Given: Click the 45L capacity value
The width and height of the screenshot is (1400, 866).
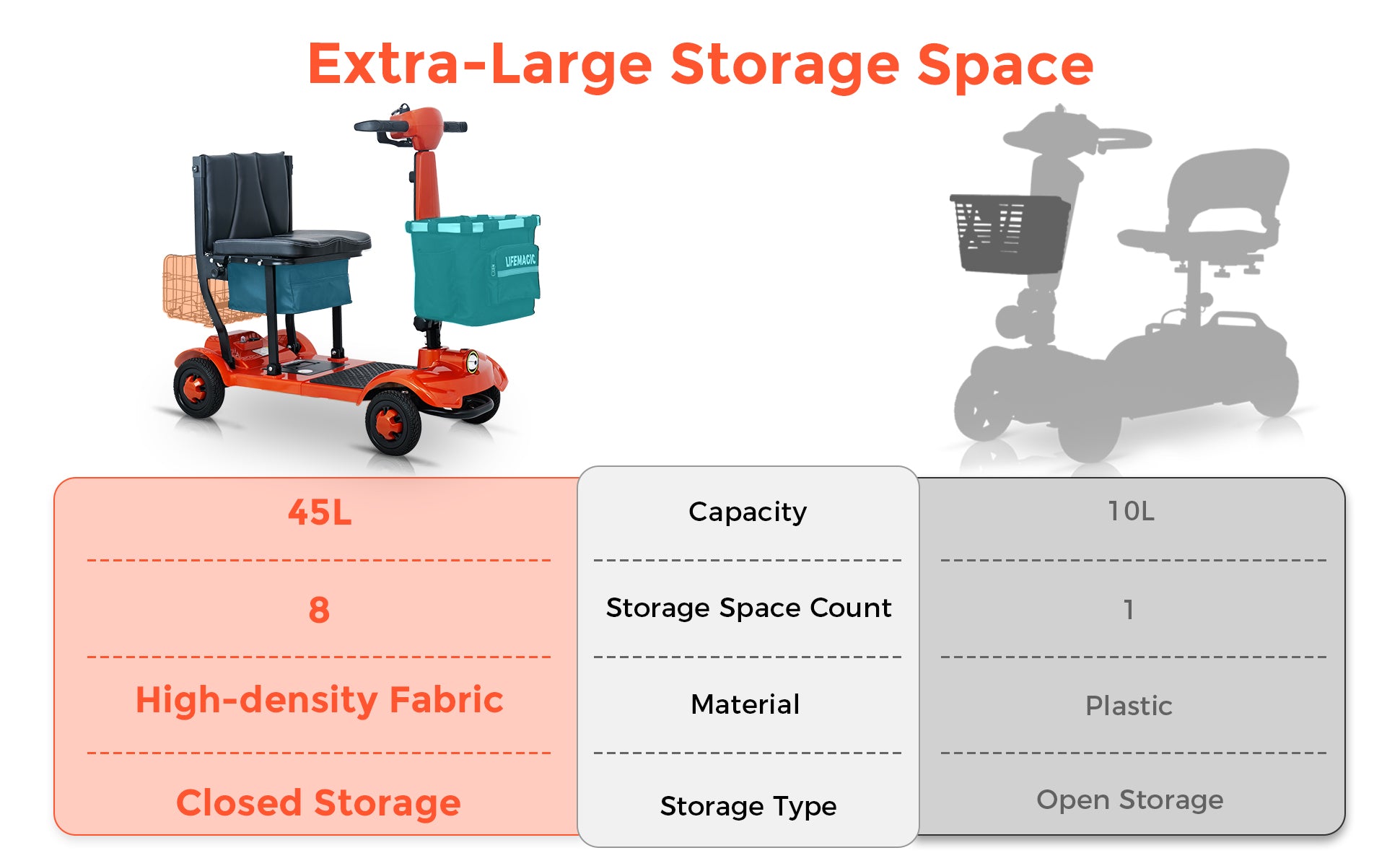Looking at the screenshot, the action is pos(320,513).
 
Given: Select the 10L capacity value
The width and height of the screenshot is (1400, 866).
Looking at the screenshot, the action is pos(1131,511).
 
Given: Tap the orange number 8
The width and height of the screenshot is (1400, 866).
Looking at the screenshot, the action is pos(319,610).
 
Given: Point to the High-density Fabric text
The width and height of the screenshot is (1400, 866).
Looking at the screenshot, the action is pos(319,700).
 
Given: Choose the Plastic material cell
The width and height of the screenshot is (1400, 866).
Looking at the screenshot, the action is pos(1129,705).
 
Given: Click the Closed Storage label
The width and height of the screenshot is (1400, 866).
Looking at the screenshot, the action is pos(318,802).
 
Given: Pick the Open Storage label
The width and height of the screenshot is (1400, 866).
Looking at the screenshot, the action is pos(1130,800).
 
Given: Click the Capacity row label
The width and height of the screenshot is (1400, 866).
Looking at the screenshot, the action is pos(748,512).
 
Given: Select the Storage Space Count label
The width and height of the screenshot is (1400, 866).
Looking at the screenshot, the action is pos(748,608).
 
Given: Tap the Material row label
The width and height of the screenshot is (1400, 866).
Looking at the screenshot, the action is pos(745,704).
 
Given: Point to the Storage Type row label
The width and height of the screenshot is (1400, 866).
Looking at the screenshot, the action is pos(748,806).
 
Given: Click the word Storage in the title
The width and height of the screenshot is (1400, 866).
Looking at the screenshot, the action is pos(785,65).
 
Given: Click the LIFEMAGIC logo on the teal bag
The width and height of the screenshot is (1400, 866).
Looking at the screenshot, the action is pos(520,260).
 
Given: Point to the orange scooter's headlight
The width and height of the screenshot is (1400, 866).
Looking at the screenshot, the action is pos(472,361).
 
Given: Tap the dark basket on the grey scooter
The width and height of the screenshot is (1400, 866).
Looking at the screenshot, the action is pos(1010,233).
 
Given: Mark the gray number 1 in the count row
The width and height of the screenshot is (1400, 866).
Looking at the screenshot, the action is pos(1129,610).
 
